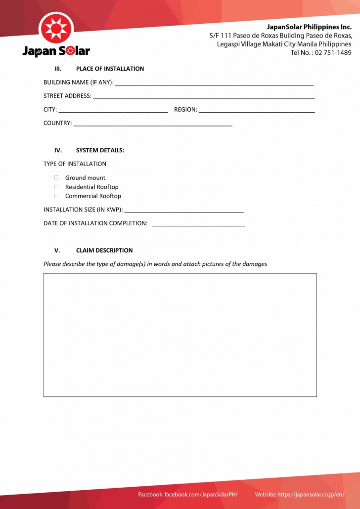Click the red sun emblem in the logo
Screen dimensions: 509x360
pos(56,29)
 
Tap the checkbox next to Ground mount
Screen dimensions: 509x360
pos(56,178)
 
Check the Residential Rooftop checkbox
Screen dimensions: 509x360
pos(56,187)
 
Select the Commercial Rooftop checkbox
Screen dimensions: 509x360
pos(56,196)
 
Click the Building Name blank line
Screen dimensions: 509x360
pos(214,83)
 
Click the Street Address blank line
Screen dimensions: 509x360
pos(204,96)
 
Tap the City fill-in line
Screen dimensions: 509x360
pos(113,110)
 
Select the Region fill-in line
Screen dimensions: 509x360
pos(257,110)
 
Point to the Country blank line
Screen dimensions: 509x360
pos(153,124)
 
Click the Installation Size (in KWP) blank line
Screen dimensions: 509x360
pos(184,211)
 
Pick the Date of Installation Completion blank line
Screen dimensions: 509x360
pos(198,224)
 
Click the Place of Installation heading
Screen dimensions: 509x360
pos(110,69)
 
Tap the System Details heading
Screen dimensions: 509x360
pos(100,150)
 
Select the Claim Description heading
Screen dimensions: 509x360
pos(104,250)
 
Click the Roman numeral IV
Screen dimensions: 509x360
pos(58,150)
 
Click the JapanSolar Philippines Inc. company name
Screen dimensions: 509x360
pos(309,27)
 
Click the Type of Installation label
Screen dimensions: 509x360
pos(75,164)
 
